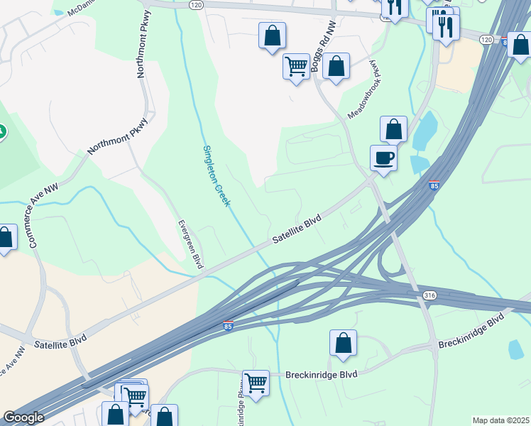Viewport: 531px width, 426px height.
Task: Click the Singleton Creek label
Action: point(217,175)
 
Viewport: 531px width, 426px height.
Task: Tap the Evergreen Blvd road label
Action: point(190,243)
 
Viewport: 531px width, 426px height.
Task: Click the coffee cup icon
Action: point(383,158)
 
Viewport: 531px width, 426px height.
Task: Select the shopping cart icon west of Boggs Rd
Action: point(295,66)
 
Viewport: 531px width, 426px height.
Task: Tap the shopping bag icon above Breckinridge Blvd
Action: point(344,343)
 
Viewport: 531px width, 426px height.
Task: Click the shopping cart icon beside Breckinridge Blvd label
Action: point(256,383)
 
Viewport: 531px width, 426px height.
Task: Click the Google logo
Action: point(23,417)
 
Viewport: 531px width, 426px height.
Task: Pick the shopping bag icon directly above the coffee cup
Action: point(393,129)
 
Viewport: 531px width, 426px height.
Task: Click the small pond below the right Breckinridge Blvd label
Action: point(516,349)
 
